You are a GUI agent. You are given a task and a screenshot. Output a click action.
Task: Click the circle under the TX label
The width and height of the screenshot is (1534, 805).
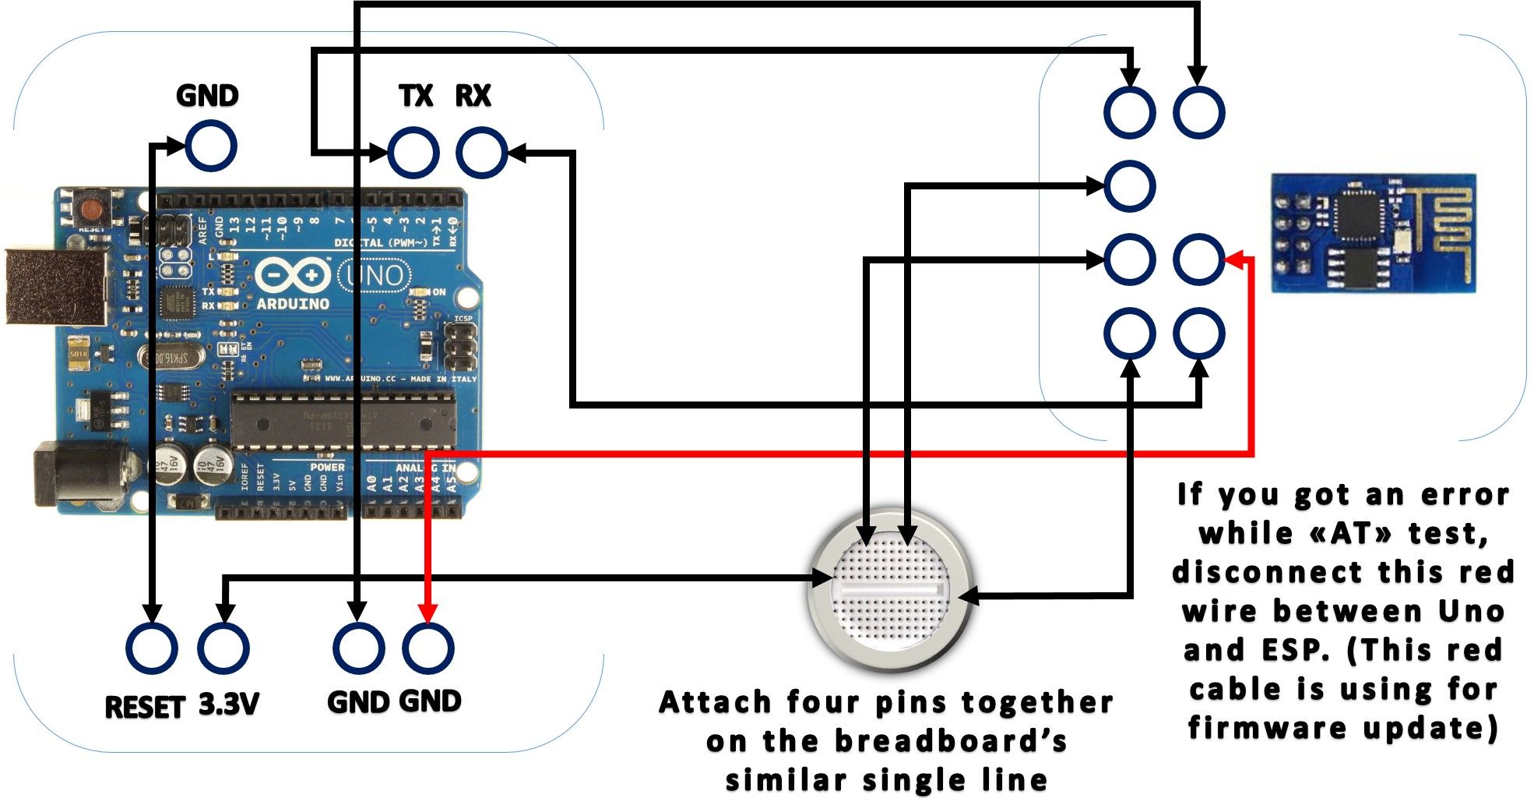click(413, 153)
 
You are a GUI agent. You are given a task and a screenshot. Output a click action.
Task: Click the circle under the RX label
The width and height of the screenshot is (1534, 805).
click(482, 153)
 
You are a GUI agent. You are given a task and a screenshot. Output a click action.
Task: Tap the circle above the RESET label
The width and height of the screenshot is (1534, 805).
click(152, 648)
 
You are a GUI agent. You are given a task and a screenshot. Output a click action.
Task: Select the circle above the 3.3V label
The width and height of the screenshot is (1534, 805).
click(223, 648)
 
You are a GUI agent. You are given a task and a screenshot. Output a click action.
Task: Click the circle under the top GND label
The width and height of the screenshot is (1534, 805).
click(210, 146)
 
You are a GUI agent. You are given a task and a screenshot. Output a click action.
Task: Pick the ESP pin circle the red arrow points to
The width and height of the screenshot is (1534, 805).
click(1198, 260)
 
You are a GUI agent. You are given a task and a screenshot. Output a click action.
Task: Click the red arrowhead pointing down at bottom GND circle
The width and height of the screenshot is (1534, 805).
click(427, 613)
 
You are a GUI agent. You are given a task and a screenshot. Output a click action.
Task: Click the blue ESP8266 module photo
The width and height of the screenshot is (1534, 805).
click(1374, 233)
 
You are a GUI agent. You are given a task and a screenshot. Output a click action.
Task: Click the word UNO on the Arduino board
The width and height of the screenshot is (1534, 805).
click(375, 275)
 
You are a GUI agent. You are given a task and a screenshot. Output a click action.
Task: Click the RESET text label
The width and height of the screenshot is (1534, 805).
click(144, 707)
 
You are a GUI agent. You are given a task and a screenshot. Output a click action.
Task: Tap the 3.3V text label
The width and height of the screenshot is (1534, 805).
click(228, 705)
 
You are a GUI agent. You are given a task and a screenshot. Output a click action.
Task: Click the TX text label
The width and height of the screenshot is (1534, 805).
click(415, 96)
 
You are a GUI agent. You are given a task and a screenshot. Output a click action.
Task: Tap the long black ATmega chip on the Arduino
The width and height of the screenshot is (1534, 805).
click(343, 422)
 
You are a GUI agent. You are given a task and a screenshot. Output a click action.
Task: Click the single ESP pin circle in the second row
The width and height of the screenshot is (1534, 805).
click(1129, 186)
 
